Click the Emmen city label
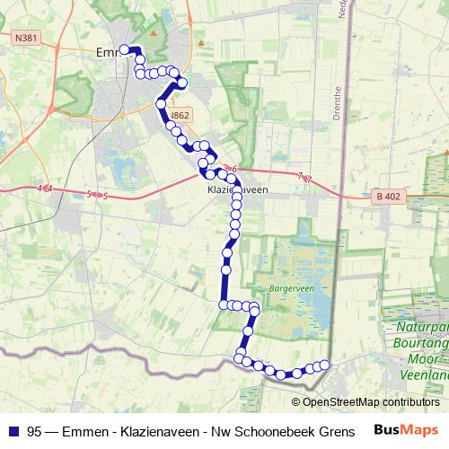(106, 53)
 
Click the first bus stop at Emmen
(124, 49)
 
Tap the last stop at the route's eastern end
(325, 364)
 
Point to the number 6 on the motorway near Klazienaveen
(233, 169)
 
